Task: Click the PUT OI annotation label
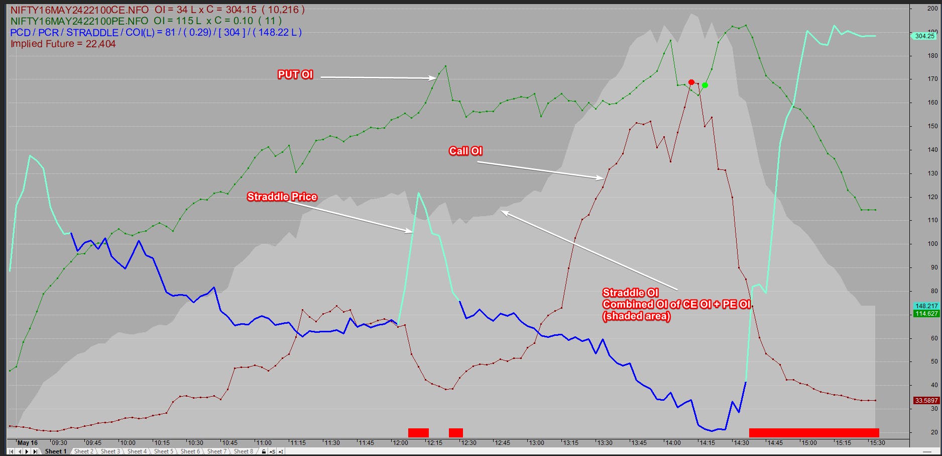295,75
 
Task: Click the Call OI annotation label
465,151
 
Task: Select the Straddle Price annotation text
282,197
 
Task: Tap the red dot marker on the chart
691,82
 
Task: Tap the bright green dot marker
705,85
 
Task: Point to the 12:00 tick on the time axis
400,443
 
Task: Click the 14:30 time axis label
741,443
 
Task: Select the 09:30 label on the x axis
59,443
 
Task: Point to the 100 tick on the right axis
932,244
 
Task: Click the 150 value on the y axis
932,126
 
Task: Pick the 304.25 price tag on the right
924,36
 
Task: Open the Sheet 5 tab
164,451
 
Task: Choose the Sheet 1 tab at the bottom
56,451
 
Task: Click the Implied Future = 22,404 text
63,44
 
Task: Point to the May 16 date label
28,443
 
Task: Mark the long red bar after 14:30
813,433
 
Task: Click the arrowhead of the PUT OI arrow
435,78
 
